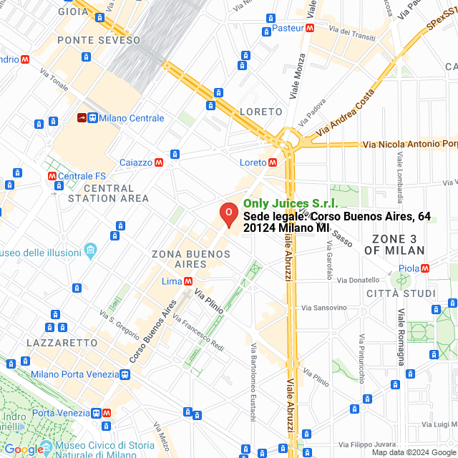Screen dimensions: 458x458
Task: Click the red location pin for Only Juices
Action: [228, 213]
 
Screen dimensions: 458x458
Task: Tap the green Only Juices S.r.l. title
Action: [291, 204]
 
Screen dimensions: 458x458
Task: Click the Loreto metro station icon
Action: [273, 162]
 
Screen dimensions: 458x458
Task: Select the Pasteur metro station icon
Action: [309, 29]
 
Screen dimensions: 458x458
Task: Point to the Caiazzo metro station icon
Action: [158, 162]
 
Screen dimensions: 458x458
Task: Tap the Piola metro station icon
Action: [426, 268]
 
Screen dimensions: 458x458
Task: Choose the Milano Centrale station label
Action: [132, 118]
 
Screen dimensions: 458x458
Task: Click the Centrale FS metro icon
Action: [52, 176]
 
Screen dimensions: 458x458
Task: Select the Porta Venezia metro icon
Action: [107, 413]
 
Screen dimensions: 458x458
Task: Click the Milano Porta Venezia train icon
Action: [125, 374]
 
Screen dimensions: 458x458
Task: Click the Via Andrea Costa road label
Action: [345, 113]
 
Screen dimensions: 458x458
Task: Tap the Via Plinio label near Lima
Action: [209, 301]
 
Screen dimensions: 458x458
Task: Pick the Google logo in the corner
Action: [24, 449]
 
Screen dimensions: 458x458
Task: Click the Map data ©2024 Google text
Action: [413, 452]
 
